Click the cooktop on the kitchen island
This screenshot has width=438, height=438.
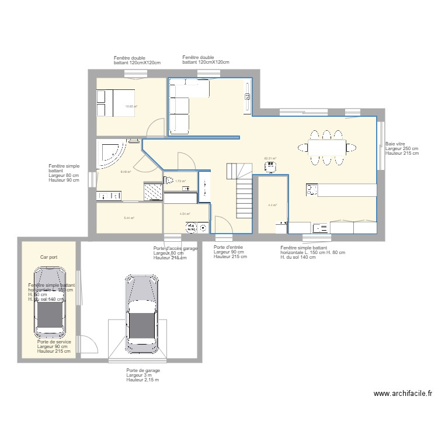(312, 189)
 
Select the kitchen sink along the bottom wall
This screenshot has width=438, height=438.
(319, 228)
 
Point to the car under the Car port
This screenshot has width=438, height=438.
(49, 303)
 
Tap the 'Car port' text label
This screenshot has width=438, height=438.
(48, 257)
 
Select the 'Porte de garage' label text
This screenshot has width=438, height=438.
(143, 370)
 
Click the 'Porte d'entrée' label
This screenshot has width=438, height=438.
(228, 247)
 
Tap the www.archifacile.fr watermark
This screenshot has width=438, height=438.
(402, 394)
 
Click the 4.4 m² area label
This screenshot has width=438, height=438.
(272, 205)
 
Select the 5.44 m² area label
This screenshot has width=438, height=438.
(128, 218)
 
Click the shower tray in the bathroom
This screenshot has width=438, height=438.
(153, 190)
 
